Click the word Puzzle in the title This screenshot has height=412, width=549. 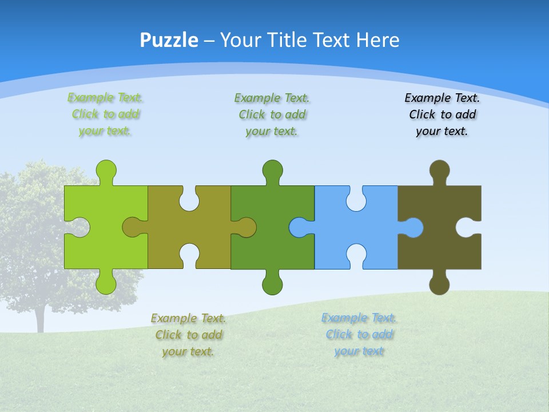tap(169, 40)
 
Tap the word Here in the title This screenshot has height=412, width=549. tap(377, 40)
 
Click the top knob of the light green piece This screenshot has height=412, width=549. tap(106, 170)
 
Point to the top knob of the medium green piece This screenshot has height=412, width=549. tap(272, 170)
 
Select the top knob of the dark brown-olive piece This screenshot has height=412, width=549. tap(439, 170)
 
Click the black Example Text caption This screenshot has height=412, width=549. tap(442, 114)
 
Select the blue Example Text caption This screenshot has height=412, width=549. tap(359, 334)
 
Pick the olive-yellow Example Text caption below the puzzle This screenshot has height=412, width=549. tap(188, 335)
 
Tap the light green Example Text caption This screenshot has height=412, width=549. tap(105, 114)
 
